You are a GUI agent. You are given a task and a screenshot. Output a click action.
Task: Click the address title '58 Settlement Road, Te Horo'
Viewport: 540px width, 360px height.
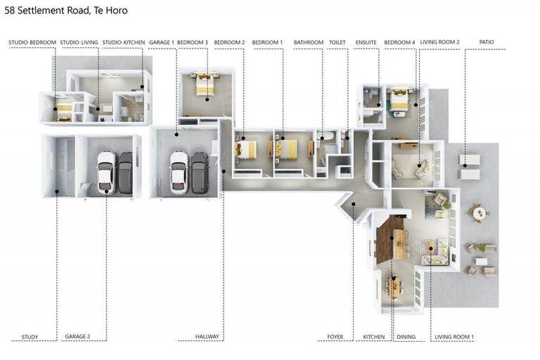pyautogui.click(x=66, y=11)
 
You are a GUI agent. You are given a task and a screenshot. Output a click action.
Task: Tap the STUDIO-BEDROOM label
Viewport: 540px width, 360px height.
pyautogui.click(x=32, y=42)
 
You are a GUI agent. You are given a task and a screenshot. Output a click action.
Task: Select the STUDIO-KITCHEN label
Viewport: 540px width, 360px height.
pyautogui.click(x=124, y=42)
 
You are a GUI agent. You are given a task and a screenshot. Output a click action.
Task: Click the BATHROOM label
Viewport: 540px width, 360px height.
pyautogui.click(x=309, y=42)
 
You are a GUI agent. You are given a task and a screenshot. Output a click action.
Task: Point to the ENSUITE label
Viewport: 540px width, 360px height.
pyautogui.click(x=366, y=42)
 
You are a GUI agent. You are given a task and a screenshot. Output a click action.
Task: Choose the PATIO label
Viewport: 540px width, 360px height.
pyautogui.click(x=487, y=42)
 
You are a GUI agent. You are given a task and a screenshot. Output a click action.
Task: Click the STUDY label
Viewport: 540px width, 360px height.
pyautogui.click(x=30, y=337)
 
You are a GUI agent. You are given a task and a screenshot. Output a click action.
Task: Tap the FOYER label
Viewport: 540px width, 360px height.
pyautogui.click(x=335, y=337)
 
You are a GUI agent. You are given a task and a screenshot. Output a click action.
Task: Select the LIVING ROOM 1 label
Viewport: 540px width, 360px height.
pyautogui.click(x=454, y=337)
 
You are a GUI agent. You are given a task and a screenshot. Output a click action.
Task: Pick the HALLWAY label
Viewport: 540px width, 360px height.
pyautogui.click(x=207, y=336)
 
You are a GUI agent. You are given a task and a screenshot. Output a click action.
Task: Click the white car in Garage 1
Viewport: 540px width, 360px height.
pyautogui.click(x=179, y=172)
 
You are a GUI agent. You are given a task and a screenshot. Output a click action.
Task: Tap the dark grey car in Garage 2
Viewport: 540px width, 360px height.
pyautogui.click(x=125, y=173)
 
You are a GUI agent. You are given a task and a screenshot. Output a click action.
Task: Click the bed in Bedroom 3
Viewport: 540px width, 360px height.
pyautogui.click(x=205, y=84)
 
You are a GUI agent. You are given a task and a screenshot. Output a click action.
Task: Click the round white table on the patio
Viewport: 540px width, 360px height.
pyautogui.click(x=479, y=213)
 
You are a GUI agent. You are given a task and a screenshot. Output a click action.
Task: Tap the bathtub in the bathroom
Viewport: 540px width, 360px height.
pyautogui.click(x=325, y=136)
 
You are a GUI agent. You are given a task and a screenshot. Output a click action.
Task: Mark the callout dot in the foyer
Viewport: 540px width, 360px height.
pyautogui.click(x=354, y=205)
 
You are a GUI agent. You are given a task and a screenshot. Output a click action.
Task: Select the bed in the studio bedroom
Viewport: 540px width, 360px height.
pyautogui.click(x=65, y=110)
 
